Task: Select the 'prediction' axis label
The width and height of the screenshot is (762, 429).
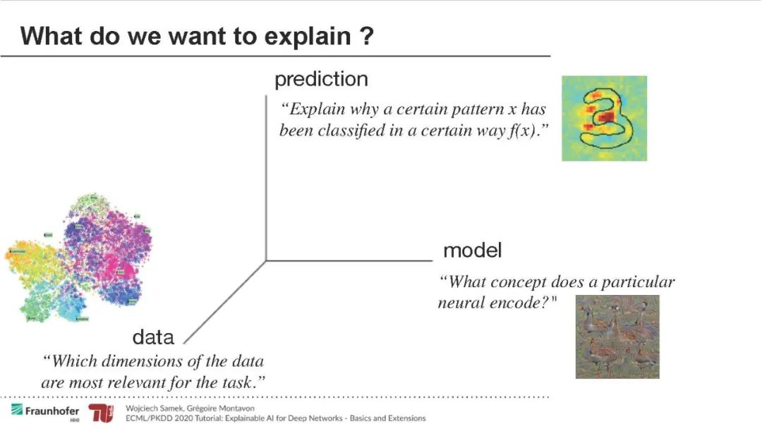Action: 321,79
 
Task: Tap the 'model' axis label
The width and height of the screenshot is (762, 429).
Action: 472,250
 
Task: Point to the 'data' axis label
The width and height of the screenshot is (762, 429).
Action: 153,337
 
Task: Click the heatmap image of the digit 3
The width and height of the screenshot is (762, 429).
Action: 604,118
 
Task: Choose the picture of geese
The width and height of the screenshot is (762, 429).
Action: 617,337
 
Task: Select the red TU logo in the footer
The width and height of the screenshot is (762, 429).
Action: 101,413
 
